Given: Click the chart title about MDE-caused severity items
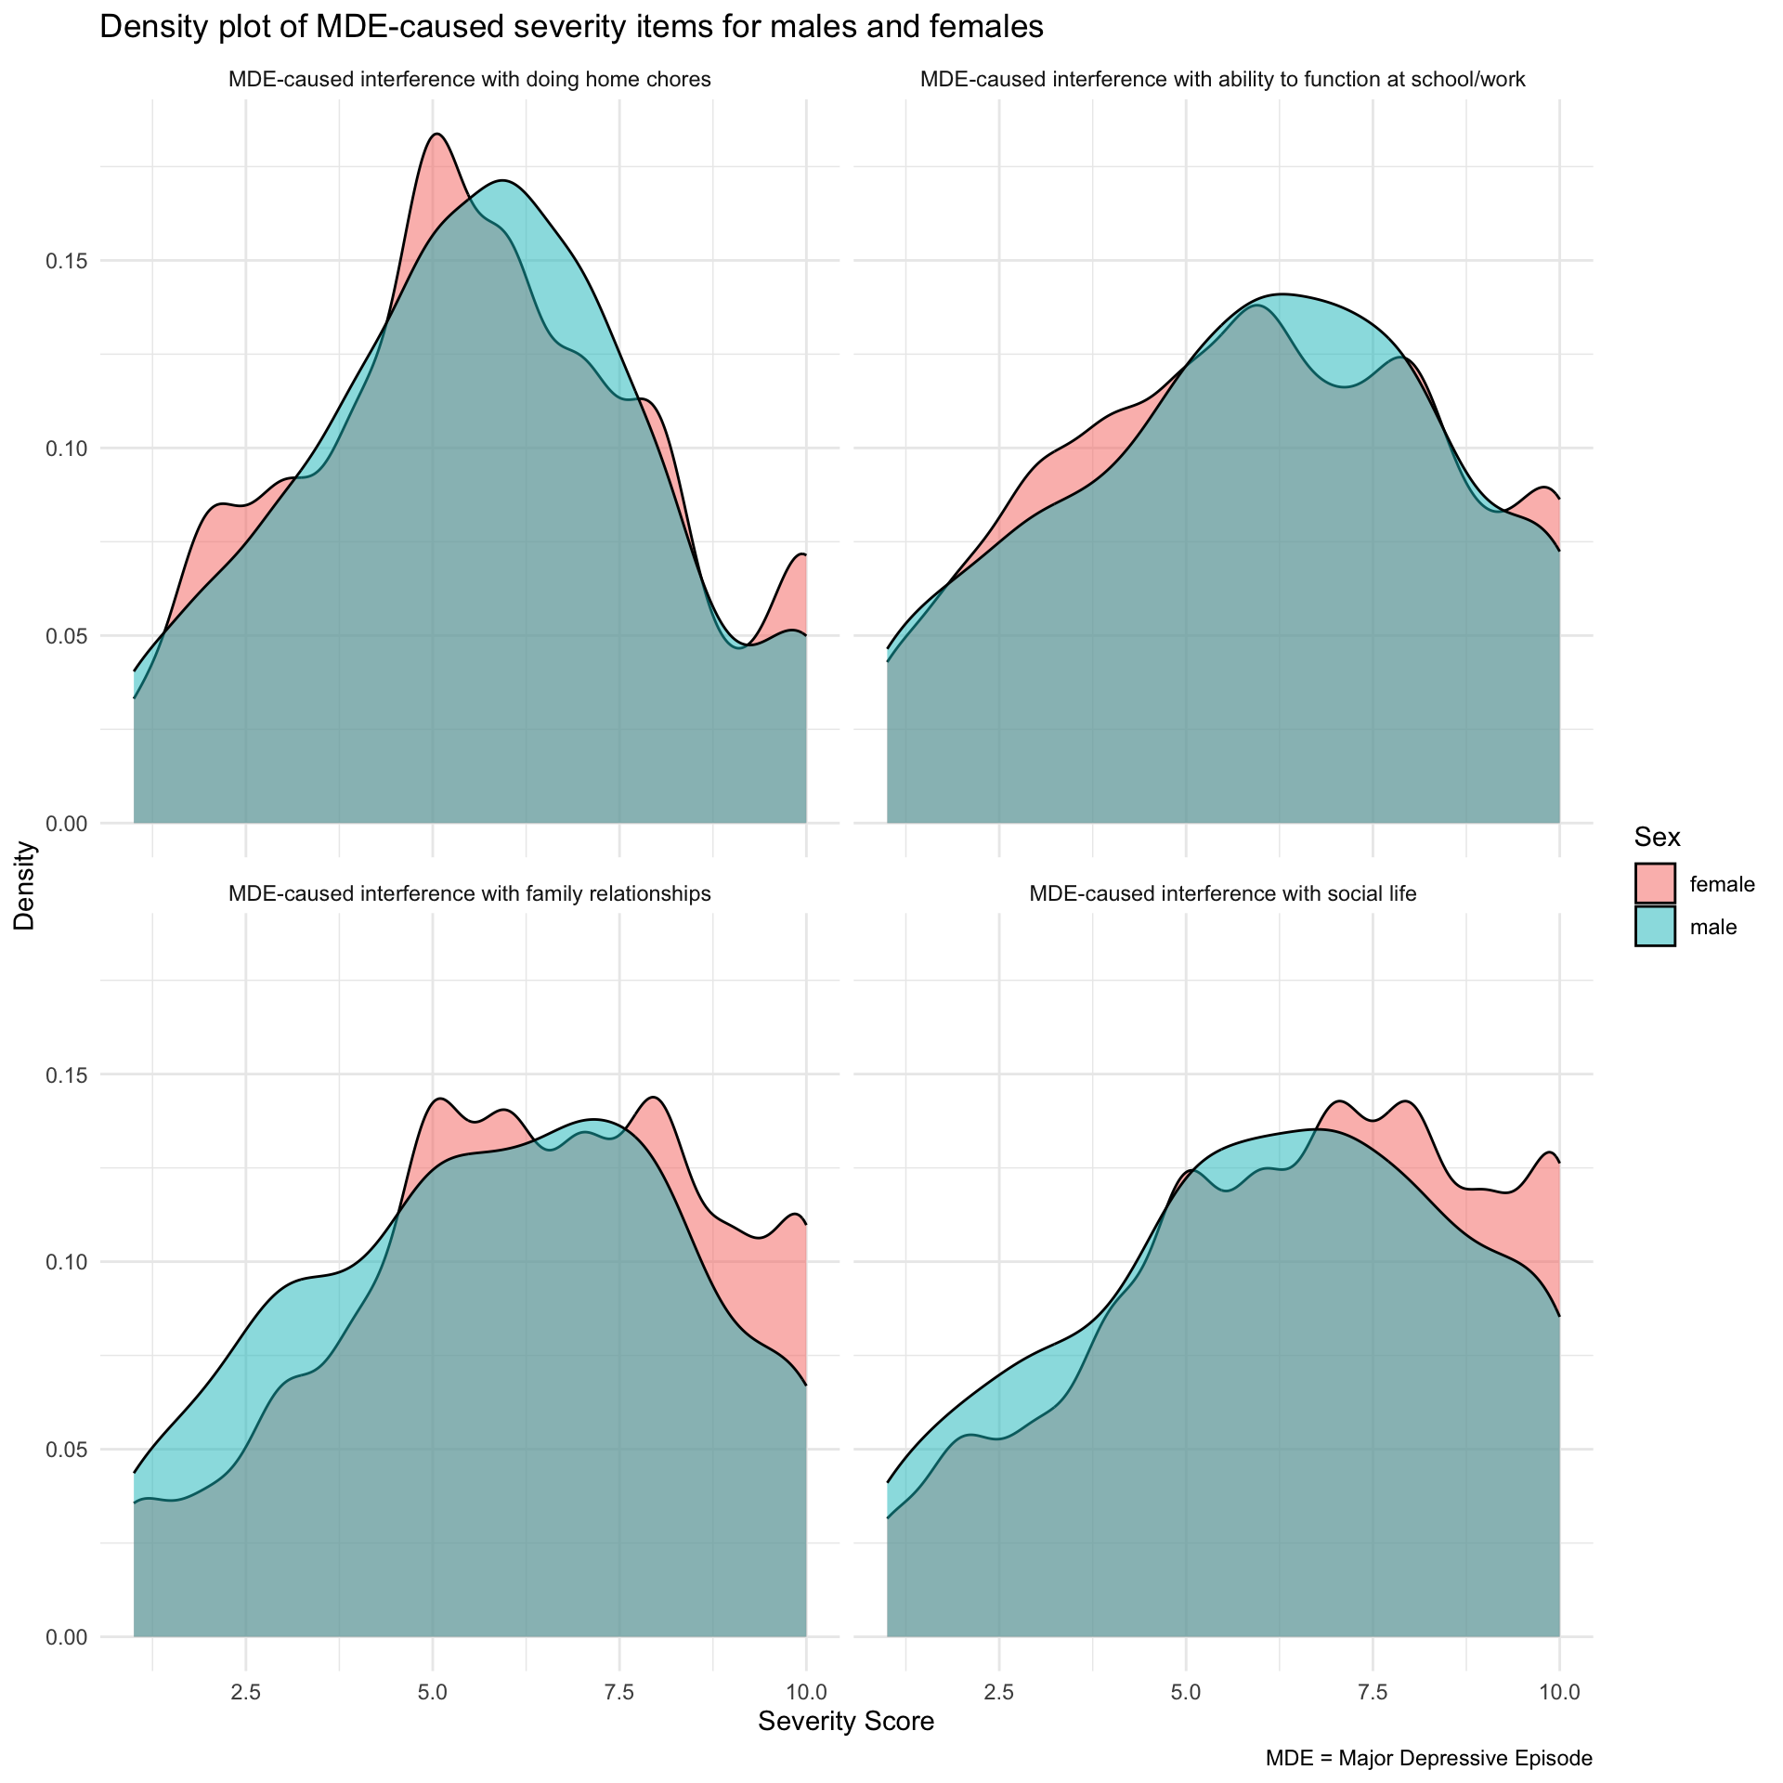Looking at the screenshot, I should pyautogui.click(x=571, y=28).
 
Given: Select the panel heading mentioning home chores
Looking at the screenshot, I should pyautogui.click(x=469, y=80).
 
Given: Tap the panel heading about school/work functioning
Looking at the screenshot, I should pyautogui.click(x=1222, y=80).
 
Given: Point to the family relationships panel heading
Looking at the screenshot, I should pyautogui.click(x=469, y=894).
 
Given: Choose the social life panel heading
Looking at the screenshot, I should pyautogui.click(x=1222, y=894).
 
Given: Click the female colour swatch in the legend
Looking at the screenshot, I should pyautogui.click(x=1655, y=883).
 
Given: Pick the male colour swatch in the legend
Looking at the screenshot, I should pyautogui.click(x=1655, y=926).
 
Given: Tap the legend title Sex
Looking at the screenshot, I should pyautogui.click(x=1658, y=838).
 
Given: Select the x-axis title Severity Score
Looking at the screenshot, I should pyautogui.click(x=845, y=1721).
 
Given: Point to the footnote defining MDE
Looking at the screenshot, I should pyautogui.click(x=1428, y=1758).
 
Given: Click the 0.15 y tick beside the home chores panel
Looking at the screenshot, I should pyautogui.click(x=67, y=261).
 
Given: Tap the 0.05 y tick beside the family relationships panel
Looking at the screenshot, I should pyautogui.click(x=67, y=1450).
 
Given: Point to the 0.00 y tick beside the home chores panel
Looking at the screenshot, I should pyautogui.click(x=67, y=824).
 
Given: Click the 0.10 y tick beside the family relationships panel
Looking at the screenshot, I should pyautogui.click(x=67, y=1262).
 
